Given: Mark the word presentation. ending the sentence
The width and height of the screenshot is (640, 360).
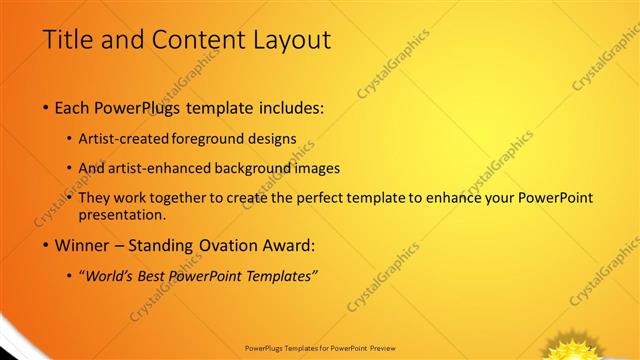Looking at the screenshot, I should pos(121,214).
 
